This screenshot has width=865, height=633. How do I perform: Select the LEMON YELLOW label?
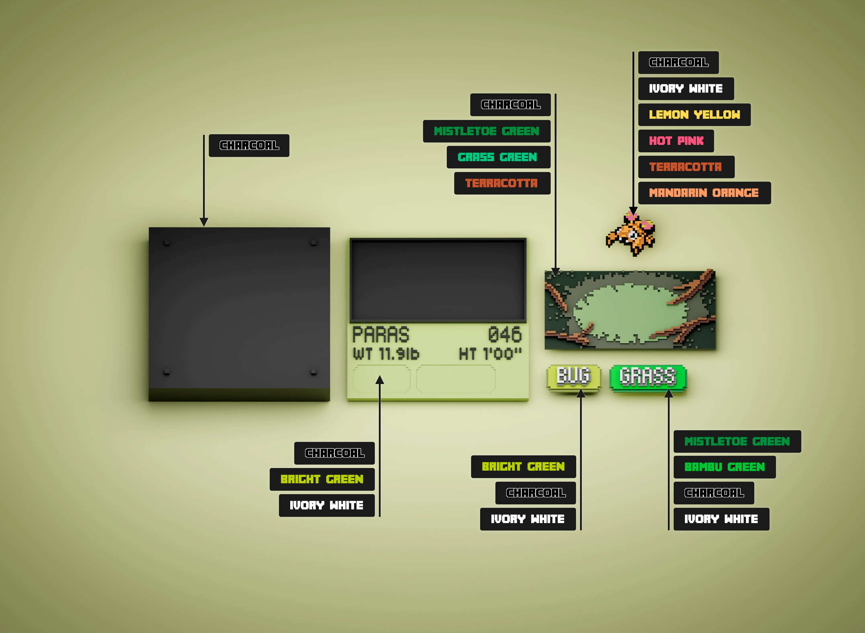pyautogui.click(x=694, y=115)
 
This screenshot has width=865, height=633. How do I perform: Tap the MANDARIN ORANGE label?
pyautogui.click(x=704, y=193)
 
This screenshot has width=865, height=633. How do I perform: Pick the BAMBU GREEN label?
pyautogui.click(x=724, y=467)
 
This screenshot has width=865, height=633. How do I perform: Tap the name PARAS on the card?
pyautogui.click(x=381, y=335)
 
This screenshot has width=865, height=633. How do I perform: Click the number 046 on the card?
pyautogui.click(x=505, y=335)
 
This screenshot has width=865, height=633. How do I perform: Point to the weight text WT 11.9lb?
pyautogui.click(x=386, y=354)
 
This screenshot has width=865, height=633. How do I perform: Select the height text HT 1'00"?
pyautogui.click(x=490, y=354)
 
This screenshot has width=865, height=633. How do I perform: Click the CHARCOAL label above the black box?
pyautogui.click(x=249, y=145)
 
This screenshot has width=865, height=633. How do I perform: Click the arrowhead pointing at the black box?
pyautogui.click(x=204, y=222)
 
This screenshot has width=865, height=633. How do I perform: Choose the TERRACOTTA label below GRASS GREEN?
pyautogui.click(x=502, y=183)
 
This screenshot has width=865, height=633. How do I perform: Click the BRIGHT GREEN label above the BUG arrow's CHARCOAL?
pyautogui.click(x=523, y=466)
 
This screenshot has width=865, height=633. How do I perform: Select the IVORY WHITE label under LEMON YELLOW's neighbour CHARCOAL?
pyautogui.click(x=686, y=88)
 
